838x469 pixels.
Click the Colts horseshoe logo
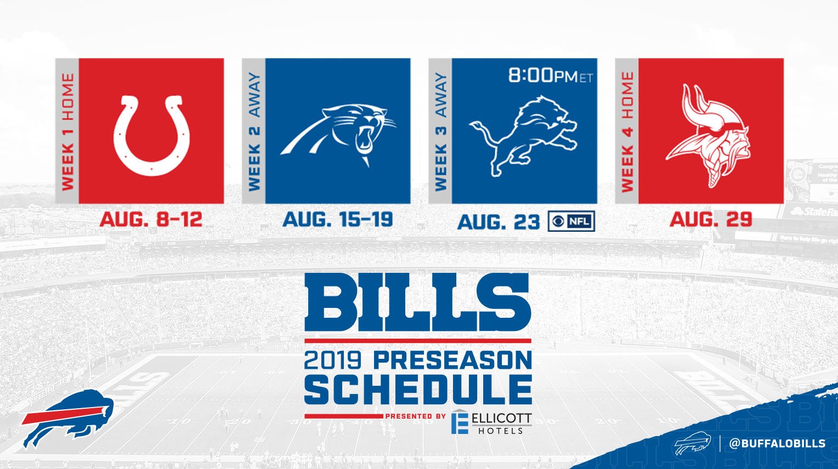pos(151,135)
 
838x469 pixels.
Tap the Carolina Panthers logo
pos(338,135)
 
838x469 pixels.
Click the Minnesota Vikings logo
pos(711,135)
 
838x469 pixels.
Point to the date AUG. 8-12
pos(151,220)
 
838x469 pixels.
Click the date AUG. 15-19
pos(338,220)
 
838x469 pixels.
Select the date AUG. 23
pos(499,222)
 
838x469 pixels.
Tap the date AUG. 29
pos(710,220)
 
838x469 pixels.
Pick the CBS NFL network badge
pos(571,221)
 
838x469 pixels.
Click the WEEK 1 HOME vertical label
pos(67,131)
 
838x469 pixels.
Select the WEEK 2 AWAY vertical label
pos(254,131)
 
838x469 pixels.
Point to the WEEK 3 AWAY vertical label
pos(440,131)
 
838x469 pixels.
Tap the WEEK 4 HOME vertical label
pos(627,131)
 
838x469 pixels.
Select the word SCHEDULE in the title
pos(418,390)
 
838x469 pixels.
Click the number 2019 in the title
pos(332,361)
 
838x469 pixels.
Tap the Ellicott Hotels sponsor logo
pos(491,422)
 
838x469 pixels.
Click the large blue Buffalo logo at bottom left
pos(67,419)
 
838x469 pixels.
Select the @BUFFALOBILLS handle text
pos(777,443)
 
